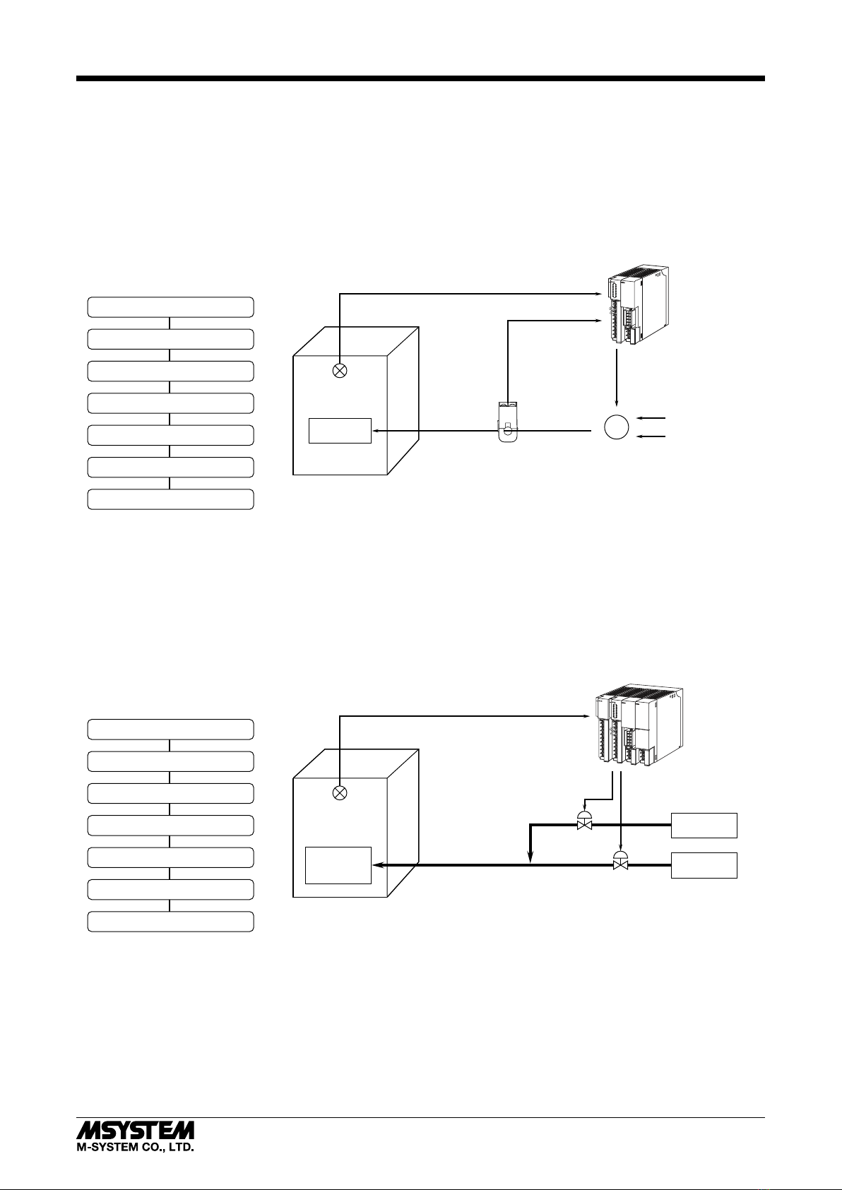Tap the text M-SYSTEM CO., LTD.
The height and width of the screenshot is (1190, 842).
[135, 1147]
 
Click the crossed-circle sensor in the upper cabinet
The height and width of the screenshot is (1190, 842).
[340, 371]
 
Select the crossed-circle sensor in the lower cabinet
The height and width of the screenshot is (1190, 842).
[340, 793]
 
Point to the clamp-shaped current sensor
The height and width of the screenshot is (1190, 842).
[509, 422]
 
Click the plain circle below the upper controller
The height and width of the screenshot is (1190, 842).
[617, 427]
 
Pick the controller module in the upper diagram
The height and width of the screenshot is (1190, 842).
[638, 306]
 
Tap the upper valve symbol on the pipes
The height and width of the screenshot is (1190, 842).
[584, 821]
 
